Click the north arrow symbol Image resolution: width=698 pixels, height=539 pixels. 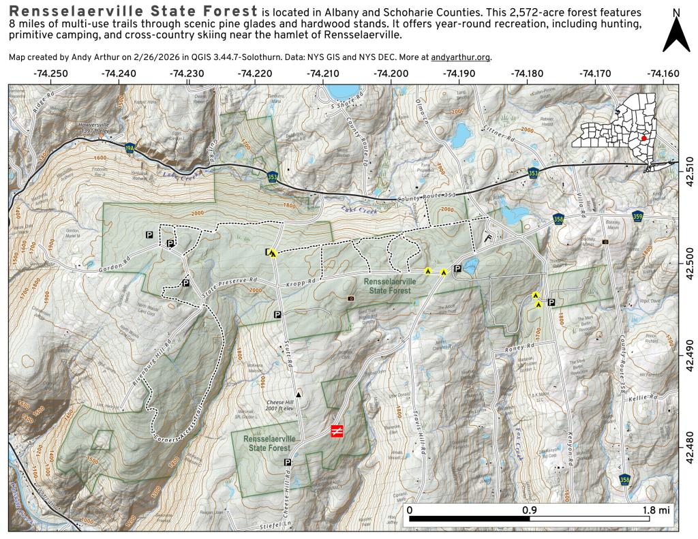[676, 33]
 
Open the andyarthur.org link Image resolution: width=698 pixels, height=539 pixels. [461, 57]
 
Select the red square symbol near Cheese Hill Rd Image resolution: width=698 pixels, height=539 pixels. [337, 431]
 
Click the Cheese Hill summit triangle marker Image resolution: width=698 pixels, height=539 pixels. [298, 394]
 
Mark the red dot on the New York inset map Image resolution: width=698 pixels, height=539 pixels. [643, 137]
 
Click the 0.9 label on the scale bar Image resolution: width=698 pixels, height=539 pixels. [529, 509]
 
